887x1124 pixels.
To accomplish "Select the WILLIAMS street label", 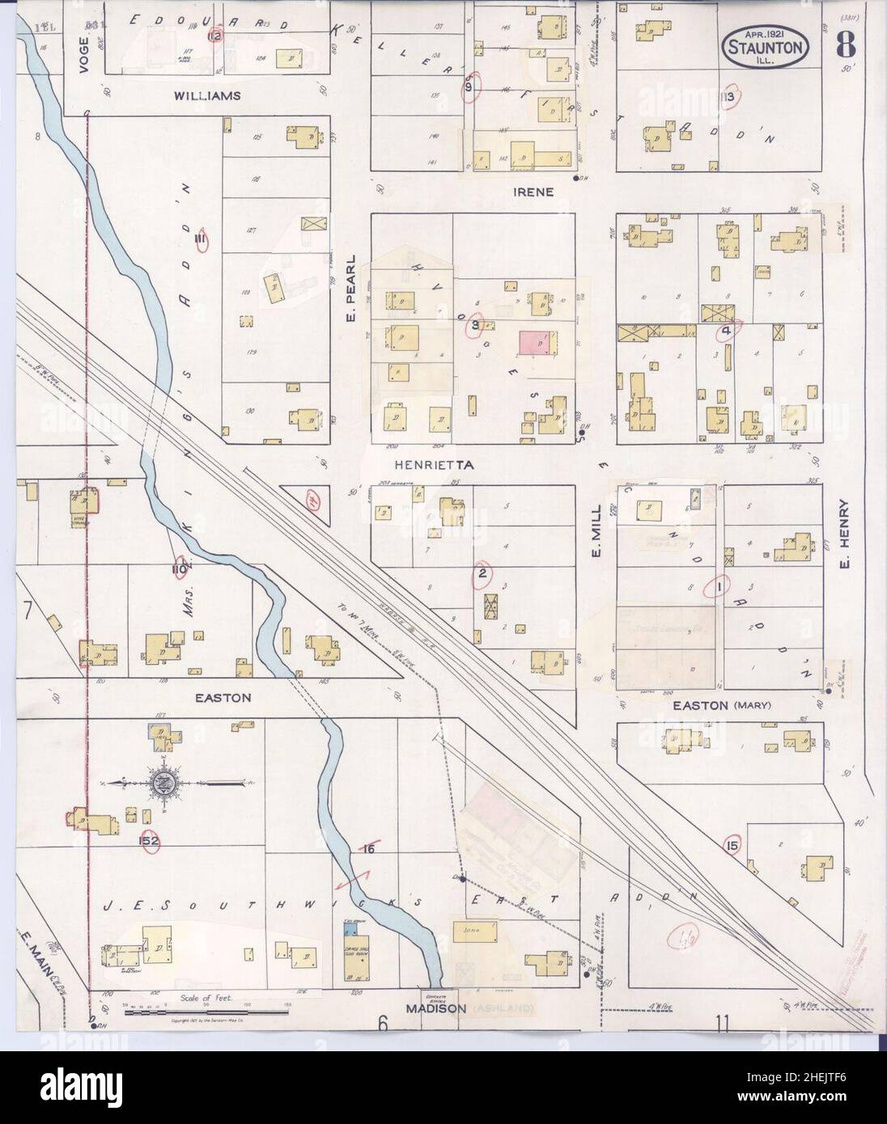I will point(207,95).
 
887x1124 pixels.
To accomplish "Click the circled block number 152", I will point(149,840).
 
